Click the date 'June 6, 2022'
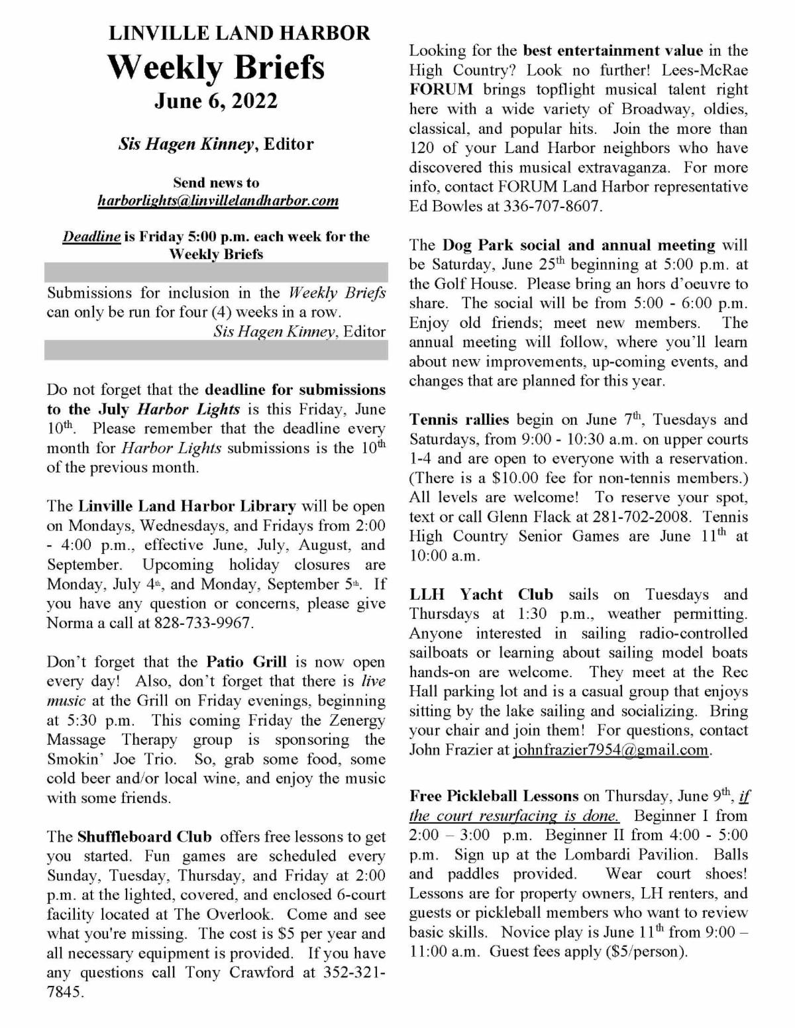tap(216, 101)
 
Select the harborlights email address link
tap(218, 200)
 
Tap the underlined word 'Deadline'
tap(91, 237)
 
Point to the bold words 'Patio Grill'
tap(246, 662)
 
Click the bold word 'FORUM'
tap(441, 89)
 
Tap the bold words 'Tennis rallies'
tap(459, 419)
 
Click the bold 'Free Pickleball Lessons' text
tap(494, 796)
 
